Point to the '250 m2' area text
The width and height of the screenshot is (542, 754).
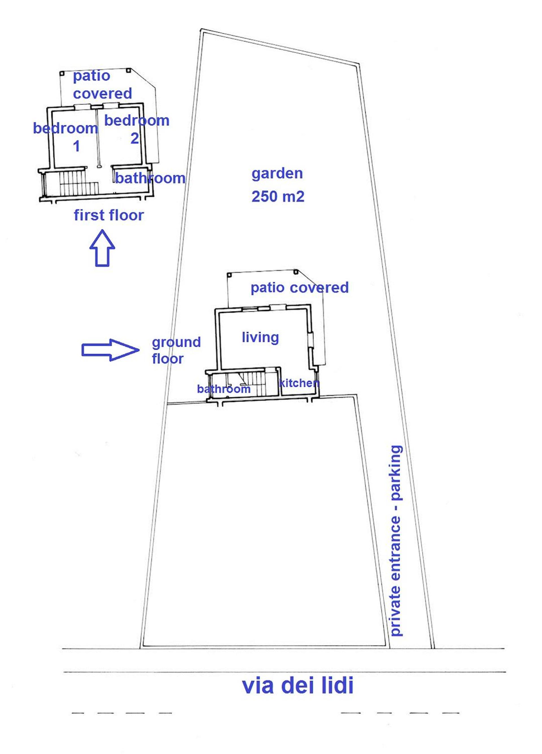pyautogui.click(x=278, y=196)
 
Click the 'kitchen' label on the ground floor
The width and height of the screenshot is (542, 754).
pyautogui.click(x=299, y=383)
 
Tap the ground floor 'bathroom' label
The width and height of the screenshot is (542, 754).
pyautogui.click(x=224, y=389)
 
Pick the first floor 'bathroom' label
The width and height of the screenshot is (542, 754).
pyautogui.click(x=150, y=178)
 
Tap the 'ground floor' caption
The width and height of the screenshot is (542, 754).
pyautogui.click(x=176, y=350)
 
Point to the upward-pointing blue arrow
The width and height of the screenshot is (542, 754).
pyautogui.click(x=102, y=248)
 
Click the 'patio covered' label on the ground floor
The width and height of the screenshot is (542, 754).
pyautogui.click(x=300, y=288)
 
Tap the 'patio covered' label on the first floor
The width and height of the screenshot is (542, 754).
pyautogui.click(x=102, y=85)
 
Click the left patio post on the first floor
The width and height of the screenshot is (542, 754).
pyautogui.click(x=62, y=73)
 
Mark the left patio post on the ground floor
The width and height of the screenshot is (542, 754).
pyautogui.click(x=229, y=275)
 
